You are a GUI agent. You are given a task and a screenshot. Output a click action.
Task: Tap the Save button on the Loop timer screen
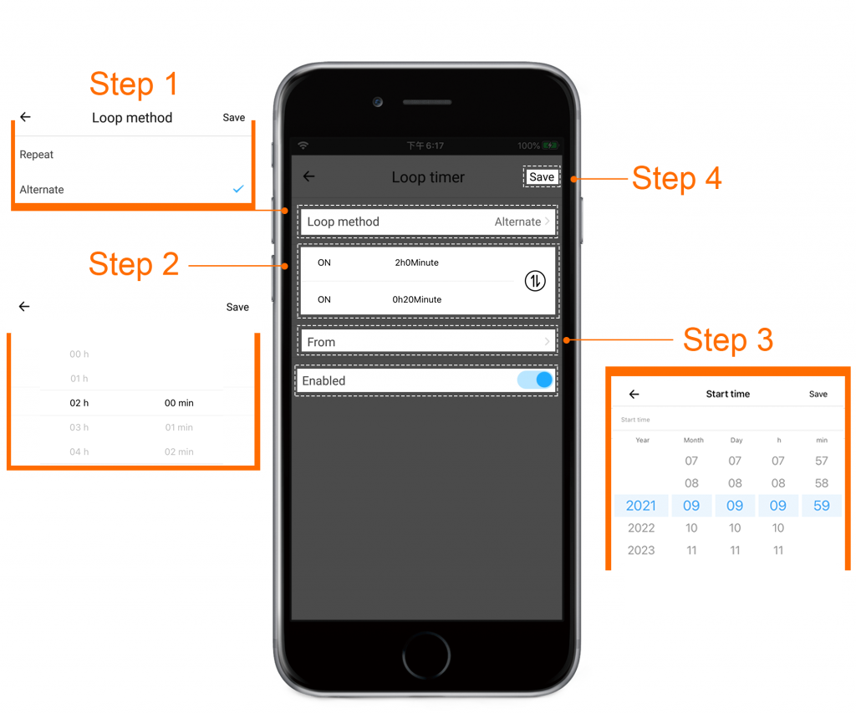point(542,177)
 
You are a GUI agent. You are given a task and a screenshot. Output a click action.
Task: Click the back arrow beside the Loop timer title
point(309,176)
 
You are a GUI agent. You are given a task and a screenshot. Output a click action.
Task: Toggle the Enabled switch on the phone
point(535,380)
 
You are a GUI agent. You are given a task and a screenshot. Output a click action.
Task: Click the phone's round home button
point(426,655)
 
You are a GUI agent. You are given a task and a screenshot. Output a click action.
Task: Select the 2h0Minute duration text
point(416,263)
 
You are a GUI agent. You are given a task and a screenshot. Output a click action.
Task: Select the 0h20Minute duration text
point(416,299)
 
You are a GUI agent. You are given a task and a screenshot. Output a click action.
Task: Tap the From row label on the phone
point(321,342)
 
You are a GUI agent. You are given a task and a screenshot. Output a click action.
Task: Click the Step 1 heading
point(134,84)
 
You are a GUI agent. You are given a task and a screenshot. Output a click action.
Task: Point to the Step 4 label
point(677,179)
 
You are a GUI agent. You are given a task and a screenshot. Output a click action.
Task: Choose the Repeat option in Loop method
point(37,155)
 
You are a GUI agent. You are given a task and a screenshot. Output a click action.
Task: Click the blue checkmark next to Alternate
point(238,189)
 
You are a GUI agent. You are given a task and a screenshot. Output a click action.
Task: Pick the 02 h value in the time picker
point(79,403)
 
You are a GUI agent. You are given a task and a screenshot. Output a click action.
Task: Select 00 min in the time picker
point(179,403)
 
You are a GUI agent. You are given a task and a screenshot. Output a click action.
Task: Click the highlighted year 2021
point(641,506)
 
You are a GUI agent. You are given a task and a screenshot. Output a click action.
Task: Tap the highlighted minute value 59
point(822,506)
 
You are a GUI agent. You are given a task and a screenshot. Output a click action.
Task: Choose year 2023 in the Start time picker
point(641,550)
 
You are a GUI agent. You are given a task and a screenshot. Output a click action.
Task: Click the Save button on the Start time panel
point(818,394)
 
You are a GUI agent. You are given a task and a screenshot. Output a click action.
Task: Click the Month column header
point(693,440)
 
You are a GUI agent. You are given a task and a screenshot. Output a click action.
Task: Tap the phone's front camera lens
point(378,102)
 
